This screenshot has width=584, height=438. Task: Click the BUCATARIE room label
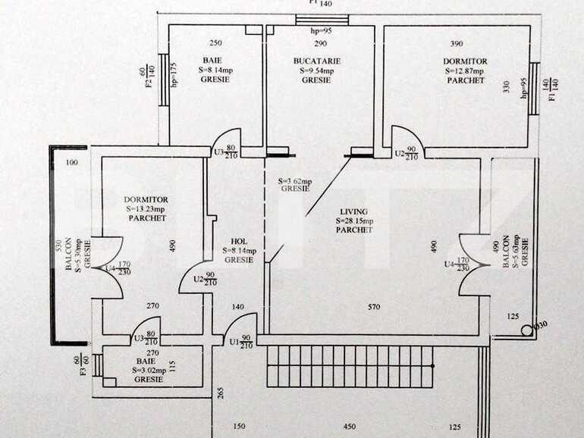[x=317, y=61]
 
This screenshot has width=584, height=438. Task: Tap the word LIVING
[x=354, y=211]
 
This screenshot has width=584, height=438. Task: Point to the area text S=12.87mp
[x=465, y=70]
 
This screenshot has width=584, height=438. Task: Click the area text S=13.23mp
[x=146, y=209]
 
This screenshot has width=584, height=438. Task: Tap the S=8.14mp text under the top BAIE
[x=216, y=70]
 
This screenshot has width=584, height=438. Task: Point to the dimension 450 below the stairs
[x=350, y=426]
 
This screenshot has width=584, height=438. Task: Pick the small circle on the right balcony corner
[x=526, y=330]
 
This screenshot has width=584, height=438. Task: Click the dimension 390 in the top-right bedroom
[x=457, y=44]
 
